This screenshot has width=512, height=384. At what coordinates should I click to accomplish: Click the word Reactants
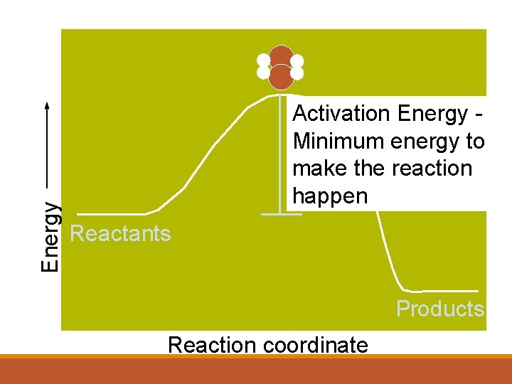pyautogui.click(x=121, y=234)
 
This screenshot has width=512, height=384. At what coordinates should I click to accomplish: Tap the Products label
pyautogui.click(x=440, y=309)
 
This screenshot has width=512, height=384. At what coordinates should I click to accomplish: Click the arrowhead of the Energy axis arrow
pyautogui.click(x=47, y=105)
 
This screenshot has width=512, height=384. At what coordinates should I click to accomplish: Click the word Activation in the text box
pyautogui.click(x=342, y=114)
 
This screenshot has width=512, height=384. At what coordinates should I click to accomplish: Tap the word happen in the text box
pyautogui.click(x=330, y=196)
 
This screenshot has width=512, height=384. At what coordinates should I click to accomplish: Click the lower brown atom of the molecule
pyautogui.click(x=281, y=76)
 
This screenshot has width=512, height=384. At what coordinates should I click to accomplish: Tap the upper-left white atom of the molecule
pyautogui.click(x=264, y=60)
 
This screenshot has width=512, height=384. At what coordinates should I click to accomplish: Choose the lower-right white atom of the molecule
pyautogui.click(x=297, y=73)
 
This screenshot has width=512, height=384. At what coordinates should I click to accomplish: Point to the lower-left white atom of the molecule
pyautogui.click(x=264, y=73)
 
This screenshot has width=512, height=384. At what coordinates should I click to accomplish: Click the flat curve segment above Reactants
pyautogui.click(x=110, y=213)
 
